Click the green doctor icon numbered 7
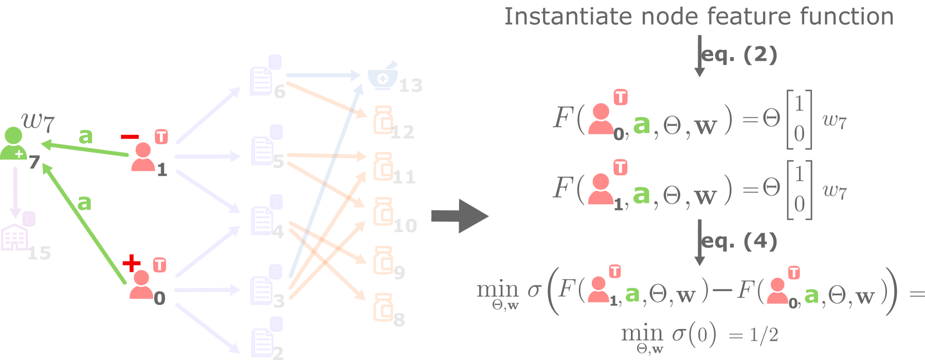[x=13, y=143]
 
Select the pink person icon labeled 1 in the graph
[x=142, y=157]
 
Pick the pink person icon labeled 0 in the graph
[x=141, y=284]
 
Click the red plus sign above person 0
[x=131, y=263]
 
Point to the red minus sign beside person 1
[x=130, y=137]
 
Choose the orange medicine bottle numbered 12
[x=383, y=120]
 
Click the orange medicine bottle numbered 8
[x=383, y=307]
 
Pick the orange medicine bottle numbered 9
[x=383, y=260]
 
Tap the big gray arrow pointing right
[x=459, y=216]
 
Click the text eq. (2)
[x=739, y=55]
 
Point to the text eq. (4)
[x=739, y=241]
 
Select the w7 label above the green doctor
[x=38, y=122]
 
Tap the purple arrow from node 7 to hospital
[x=15, y=191]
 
